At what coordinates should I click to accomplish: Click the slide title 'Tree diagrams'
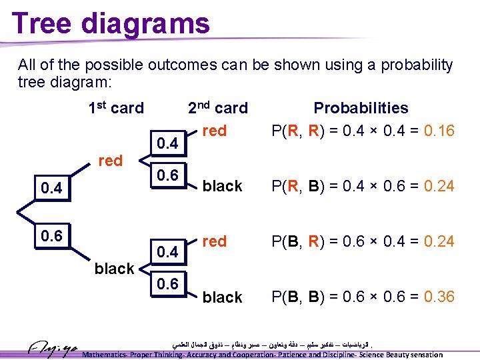point(111,23)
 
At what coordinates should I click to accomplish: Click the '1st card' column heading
point(116,108)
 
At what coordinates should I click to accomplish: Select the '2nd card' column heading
point(217,108)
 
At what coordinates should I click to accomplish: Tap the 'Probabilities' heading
point(361,108)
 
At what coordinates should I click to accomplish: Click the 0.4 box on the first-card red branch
point(51,188)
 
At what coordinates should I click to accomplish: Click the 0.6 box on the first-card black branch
point(51,236)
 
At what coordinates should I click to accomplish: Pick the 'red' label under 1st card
point(110,160)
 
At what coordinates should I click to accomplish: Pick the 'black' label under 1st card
point(114,269)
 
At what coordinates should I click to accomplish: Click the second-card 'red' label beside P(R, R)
point(214,131)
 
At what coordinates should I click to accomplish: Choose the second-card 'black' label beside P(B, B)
point(222,297)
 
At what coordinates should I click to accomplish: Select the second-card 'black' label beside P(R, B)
point(222,186)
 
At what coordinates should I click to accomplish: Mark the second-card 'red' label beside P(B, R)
point(214,241)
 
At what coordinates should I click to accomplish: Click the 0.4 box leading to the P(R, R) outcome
point(167,143)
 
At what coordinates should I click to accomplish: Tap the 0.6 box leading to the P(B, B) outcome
point(167,284)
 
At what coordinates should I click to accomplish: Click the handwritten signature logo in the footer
point(53,348)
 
